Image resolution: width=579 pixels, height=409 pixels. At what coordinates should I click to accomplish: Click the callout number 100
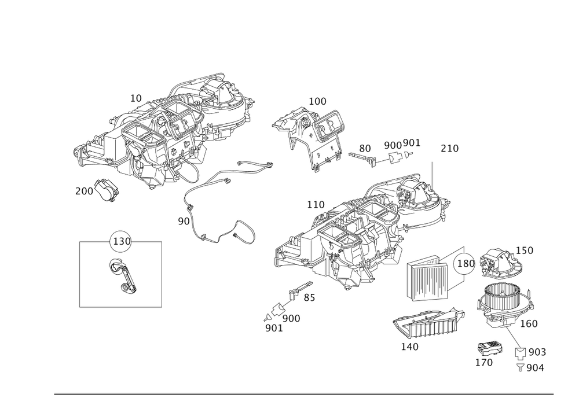point(318,102)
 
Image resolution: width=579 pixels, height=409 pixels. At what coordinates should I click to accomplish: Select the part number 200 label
point(84,191)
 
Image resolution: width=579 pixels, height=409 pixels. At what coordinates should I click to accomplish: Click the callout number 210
point(449,149)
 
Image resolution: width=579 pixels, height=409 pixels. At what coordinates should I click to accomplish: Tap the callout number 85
point(309,298)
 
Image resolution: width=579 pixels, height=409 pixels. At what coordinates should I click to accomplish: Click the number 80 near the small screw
point(364,148)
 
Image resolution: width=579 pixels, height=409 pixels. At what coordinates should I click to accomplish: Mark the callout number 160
point(529,323)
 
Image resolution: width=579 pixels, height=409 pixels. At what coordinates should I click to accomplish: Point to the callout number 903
point(537,352)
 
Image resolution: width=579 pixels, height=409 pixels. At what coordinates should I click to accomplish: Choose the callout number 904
point(536,367)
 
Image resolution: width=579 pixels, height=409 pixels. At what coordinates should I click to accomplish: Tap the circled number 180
point(466,264)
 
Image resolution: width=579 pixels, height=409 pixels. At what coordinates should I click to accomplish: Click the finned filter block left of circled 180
point(427,279)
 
